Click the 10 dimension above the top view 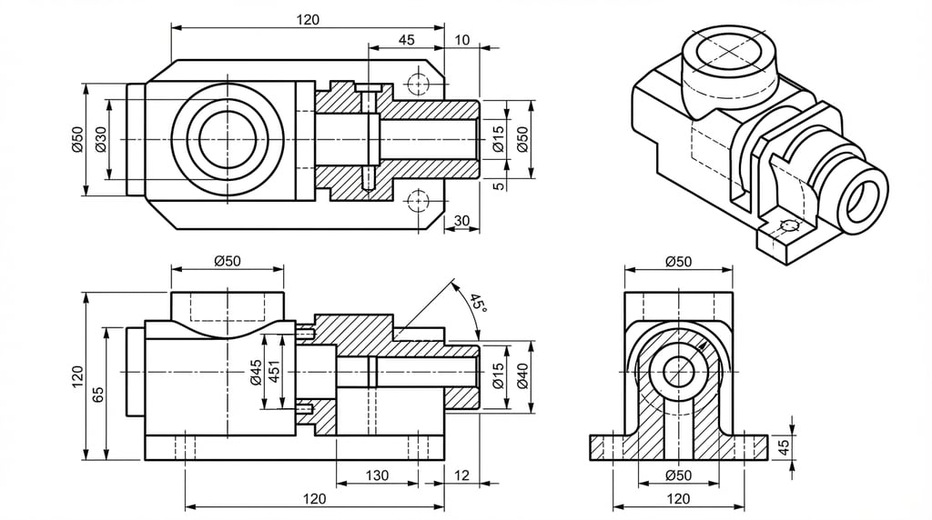[x=462, y=39]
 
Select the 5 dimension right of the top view [x=498, y=185]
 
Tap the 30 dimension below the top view [x=461, y=221]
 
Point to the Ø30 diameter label [x=100, y=139]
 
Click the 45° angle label [x=478, y=303]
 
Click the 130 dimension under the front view [x=377, y=475]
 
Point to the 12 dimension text [x=461, y=475]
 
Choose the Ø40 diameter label [x=522, y=375]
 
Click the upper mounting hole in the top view [x=418, y=84]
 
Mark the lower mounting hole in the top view [x=418, y=200]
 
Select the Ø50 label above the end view [x=678, y=261]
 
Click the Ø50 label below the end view [x=678, y=475]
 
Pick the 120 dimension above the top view [x=308, y=20]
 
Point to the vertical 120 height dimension [x=76, y=375]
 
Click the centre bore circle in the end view [x=678, y=371]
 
